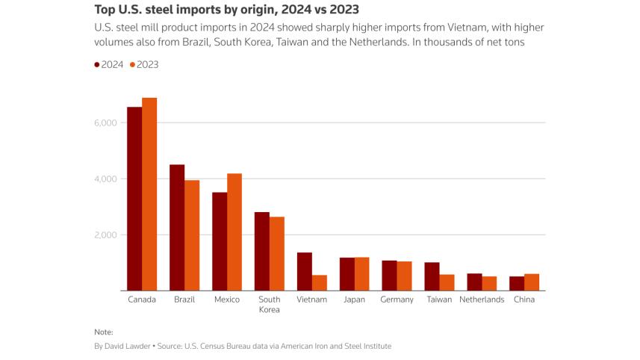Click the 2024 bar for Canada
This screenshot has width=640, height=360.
(134, 199)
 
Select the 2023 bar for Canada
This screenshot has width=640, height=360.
(149, 194)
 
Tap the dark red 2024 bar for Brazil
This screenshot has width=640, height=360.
(177, 228)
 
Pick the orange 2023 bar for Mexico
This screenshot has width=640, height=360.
(234, 232)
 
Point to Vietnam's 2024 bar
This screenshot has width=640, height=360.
(305, 272)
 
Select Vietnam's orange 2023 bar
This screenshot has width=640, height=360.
(320, 283)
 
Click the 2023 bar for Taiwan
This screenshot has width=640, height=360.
(447, 283)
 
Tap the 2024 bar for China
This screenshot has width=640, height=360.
(517, 284)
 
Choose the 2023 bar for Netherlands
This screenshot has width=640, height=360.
(489, 284)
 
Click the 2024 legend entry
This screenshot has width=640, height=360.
(109, 64)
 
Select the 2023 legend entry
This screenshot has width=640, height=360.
(145, 64)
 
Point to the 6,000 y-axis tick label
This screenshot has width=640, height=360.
(106, 122)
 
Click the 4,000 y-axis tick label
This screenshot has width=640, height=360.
(106, 179)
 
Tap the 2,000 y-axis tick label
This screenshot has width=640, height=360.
(106, 235)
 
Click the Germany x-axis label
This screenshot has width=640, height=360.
(397, 300)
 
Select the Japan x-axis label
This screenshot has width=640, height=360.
(354, 300)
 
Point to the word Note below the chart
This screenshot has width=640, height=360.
(104, 331)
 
